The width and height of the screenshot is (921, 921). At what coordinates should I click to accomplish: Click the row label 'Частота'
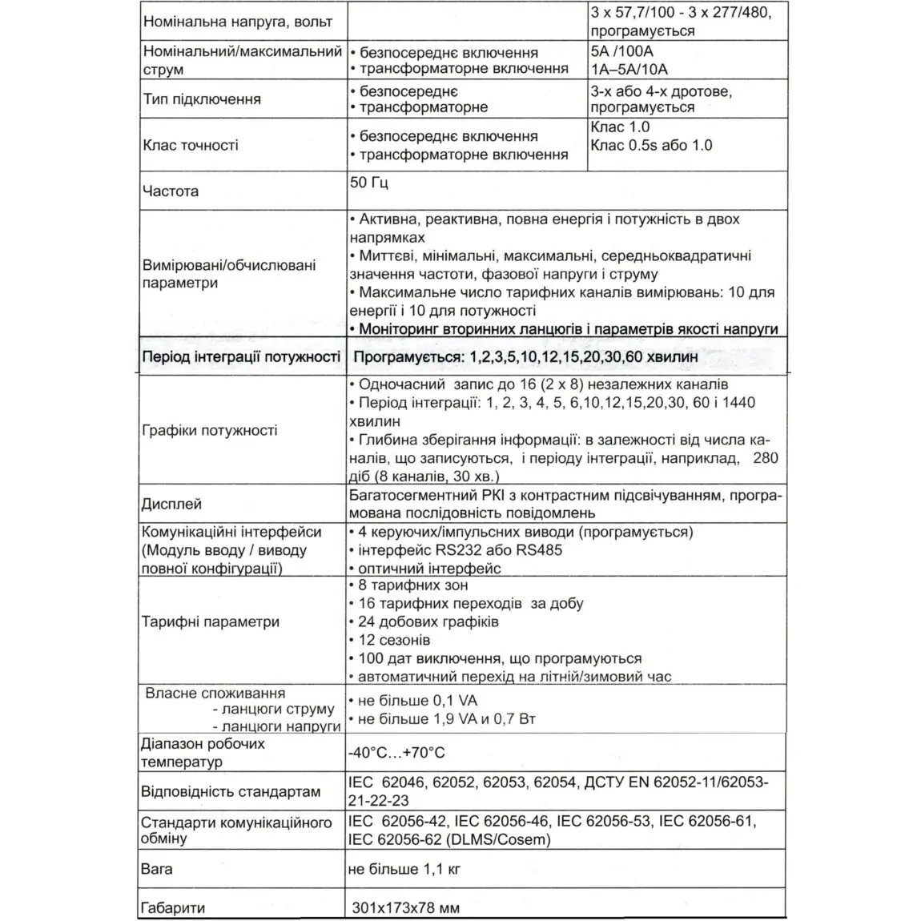[170, 192]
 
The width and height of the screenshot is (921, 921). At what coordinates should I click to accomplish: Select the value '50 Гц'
[369, 183]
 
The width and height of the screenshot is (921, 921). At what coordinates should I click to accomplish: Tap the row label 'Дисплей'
[171, 505]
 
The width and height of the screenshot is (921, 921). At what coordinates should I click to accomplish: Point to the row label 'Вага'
[157, 869]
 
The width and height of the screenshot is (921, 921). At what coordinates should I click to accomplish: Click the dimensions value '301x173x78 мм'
[406, 908]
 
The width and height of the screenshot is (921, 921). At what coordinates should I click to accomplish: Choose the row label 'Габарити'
[173, 908]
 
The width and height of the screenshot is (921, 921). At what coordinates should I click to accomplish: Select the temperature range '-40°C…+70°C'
[396, 753]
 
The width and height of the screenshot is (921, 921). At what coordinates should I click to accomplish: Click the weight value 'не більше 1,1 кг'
[404, 869]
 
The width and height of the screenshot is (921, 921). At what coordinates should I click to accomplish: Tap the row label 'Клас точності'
[191, 146]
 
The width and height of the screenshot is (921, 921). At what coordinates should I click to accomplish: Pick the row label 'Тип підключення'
[202, 99]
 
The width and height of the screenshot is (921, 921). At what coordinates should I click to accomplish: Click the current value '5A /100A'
[621, 51]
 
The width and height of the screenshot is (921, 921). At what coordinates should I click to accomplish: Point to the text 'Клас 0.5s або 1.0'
[651, 145]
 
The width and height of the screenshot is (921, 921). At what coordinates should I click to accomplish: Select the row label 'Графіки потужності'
[210, 430]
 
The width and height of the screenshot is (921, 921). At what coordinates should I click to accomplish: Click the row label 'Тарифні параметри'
[211, 621]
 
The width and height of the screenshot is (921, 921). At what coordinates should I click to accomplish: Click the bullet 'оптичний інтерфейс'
[429, 569]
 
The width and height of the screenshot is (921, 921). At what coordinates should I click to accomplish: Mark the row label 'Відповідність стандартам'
[231, 792]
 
